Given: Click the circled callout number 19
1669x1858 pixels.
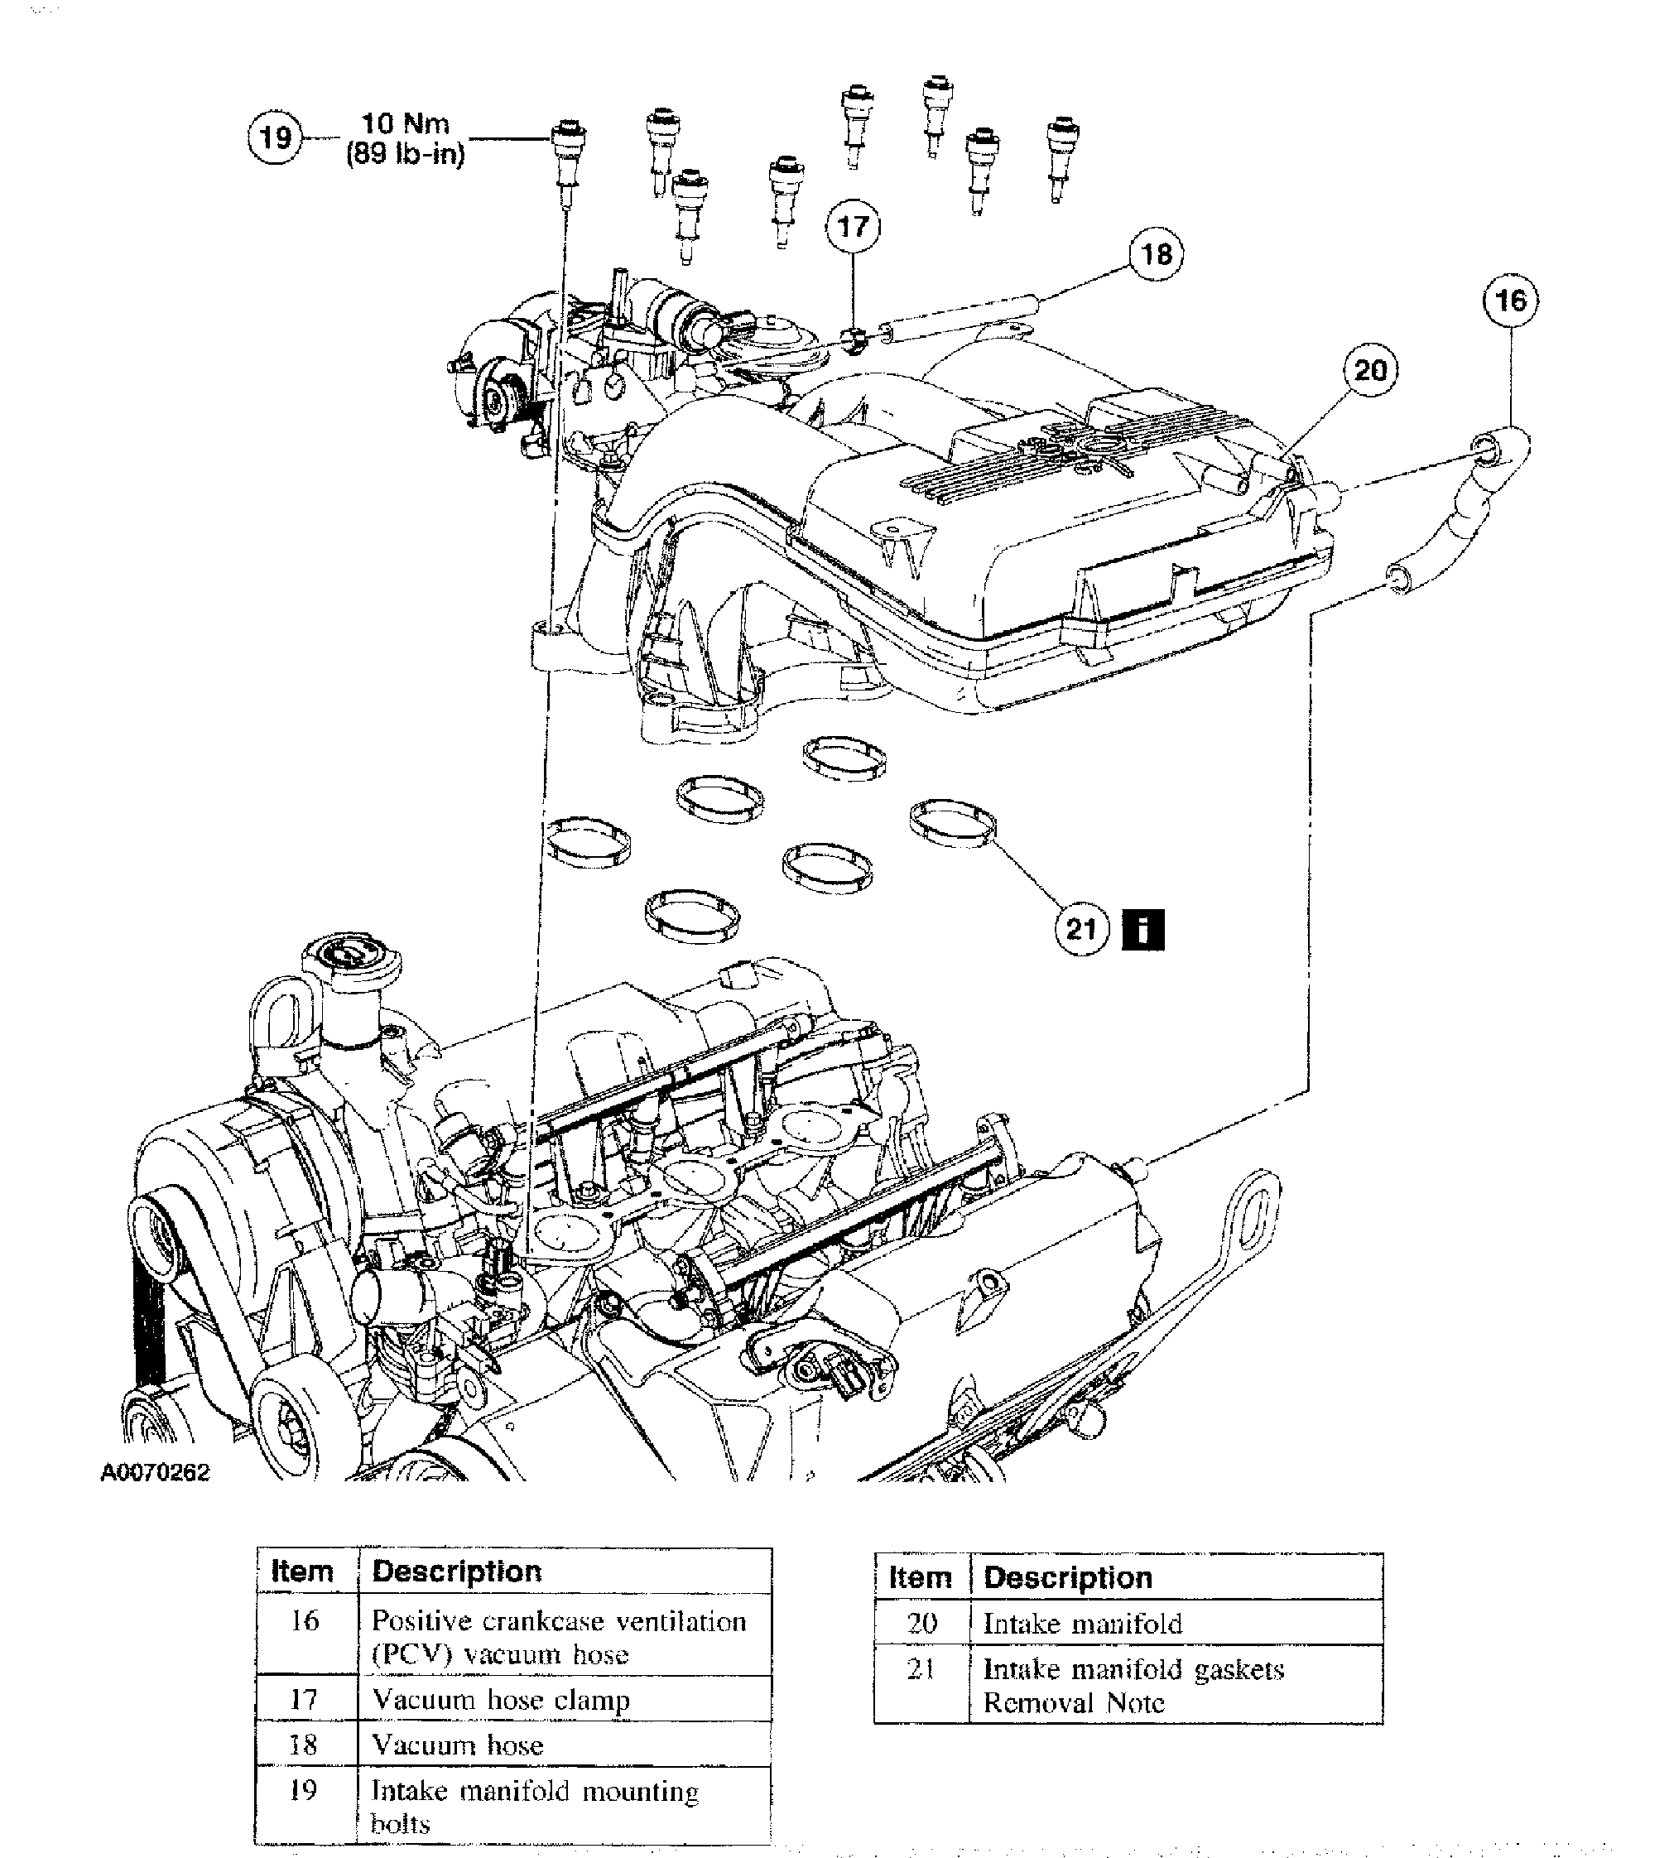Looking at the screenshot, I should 275,137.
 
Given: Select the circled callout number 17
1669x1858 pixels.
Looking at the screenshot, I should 853,227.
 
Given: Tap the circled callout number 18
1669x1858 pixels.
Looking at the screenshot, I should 1156,254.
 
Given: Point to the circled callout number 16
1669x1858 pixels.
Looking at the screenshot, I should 1510,300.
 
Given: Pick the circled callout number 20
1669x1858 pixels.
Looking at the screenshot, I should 1370,370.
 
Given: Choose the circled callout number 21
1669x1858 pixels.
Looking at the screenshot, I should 1082,930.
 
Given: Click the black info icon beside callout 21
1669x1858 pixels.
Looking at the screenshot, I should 1142,930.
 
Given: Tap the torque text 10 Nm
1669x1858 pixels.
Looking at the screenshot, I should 406,124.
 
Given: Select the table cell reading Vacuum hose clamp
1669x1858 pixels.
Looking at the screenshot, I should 501,1699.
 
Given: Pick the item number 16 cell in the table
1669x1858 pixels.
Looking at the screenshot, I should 305,1621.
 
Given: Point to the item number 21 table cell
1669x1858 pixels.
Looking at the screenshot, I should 921,1669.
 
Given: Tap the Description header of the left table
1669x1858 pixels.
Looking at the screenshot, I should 457,1571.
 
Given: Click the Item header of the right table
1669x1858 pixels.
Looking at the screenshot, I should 920,1577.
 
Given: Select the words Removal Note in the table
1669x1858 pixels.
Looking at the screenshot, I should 1073,1703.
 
